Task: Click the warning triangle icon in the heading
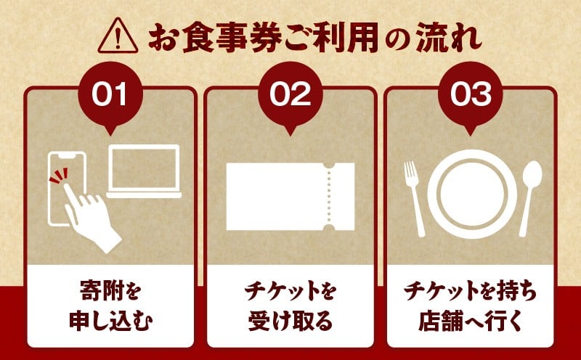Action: [x=118, y=36]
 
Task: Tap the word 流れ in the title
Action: [x=448, y=38]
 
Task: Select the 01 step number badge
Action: [x=110, y=95]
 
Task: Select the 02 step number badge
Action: [x=290, y=95]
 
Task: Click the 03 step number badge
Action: [x=470, y=95]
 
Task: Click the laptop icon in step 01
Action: [x=144, y=171]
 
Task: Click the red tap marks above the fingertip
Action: [x=60, y=175]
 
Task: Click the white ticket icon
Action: [x=290, y=197]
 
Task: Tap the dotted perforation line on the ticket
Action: [x=328, y=197]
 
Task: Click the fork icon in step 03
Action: [x=414, y=199]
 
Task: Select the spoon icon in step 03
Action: [x=531, y=199]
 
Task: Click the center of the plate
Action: [x=472, y=194]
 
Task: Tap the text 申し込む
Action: [x=111, y=322]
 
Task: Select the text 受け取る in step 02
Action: [x=290, y=322]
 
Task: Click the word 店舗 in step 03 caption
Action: [x=438, y=322]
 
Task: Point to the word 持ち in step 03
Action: [x=518, y=291]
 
